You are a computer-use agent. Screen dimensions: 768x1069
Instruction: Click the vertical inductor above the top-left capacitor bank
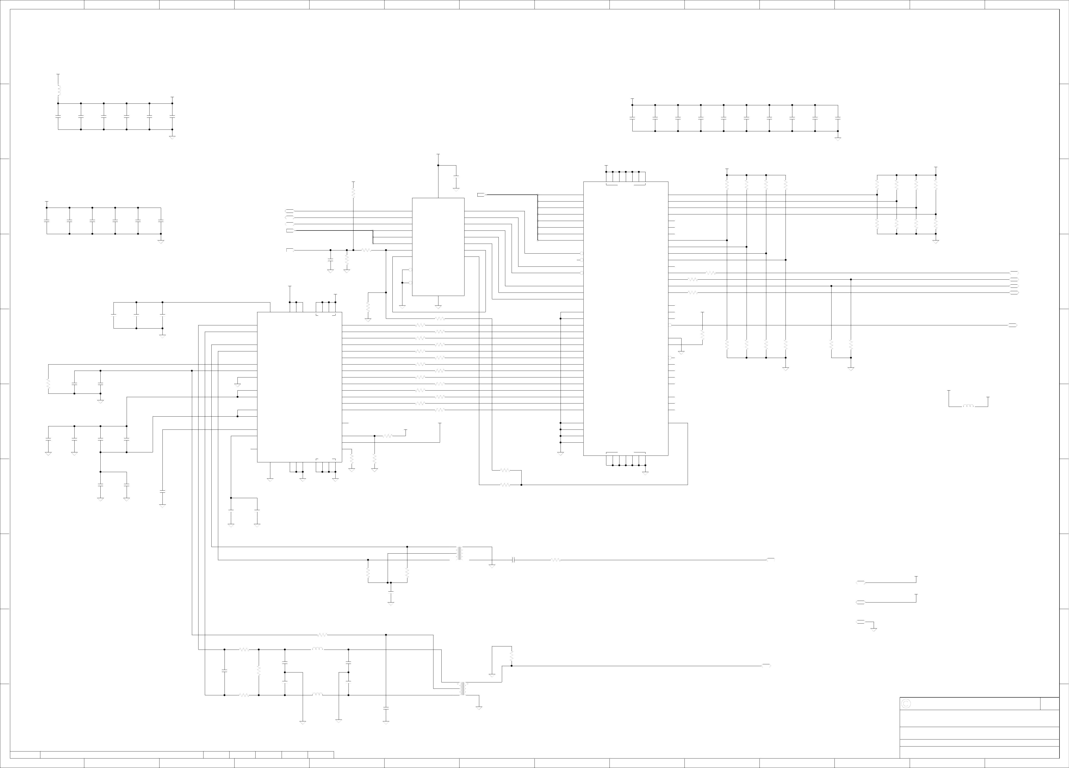tap(58, 90)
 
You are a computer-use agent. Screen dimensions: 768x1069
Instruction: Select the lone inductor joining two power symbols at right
tap(968, 406)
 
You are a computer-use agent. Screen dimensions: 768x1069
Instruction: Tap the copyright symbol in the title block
tap(905, 703)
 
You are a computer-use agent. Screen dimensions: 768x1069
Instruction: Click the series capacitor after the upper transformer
tap(513, 560)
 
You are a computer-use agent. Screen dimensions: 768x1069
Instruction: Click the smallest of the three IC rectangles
tap(438, 247)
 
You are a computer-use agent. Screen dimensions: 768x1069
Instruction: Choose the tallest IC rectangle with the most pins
tap(625, 318)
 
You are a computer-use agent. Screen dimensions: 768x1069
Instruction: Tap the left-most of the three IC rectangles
tap(299, 386)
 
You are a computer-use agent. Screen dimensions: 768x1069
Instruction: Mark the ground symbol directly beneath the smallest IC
tap(438, 307)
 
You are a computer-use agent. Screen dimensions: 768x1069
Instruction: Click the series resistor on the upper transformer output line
tap(556, 560)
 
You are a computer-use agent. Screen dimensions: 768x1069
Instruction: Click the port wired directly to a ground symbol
tap(860, 622)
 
